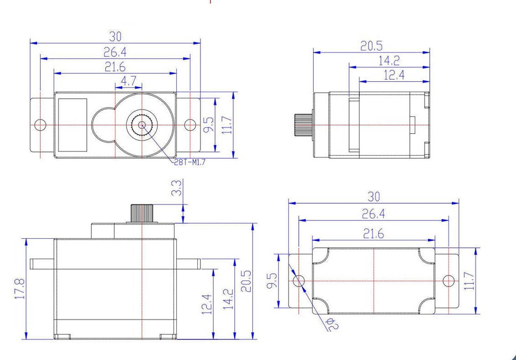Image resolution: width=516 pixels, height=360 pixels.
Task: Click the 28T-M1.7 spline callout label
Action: [190, 162]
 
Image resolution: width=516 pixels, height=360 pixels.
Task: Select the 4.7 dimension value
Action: [128, 81]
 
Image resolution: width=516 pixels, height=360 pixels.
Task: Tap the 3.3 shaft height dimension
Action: [177, 188]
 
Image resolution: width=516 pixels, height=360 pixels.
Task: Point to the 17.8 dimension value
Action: [20, 289]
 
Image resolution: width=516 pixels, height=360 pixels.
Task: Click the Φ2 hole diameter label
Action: [333, 323]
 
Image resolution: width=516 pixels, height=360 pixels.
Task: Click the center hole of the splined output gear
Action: [142, 125]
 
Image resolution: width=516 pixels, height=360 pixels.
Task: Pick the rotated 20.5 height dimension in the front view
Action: [247, 281]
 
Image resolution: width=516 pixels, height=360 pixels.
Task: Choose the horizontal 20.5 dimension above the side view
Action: [372, 46]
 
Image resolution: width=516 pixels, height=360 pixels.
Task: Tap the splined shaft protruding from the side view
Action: [303, 125]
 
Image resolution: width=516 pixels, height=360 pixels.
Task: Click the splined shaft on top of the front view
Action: [142, 214]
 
